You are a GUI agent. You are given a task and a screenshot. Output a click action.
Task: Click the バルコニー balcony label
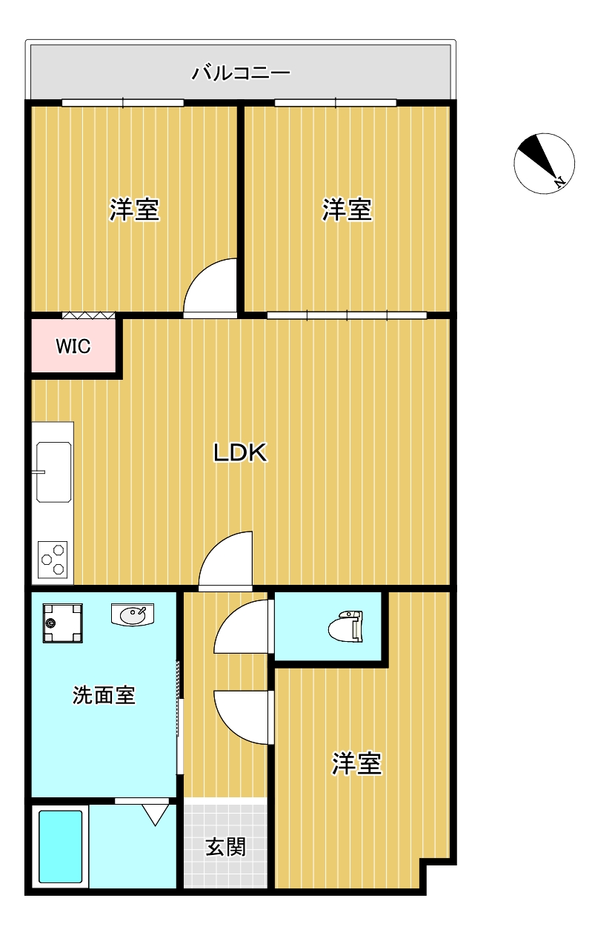pyautogui.click(x=241, y=73)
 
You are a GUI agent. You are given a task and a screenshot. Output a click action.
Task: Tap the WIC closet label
pyautogui.click(x=73, y=346)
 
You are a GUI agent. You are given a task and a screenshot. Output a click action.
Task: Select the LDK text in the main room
pyautogui.click(x=240, y=452)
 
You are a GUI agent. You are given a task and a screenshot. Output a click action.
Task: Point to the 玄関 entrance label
pyautogui.click(x=225, y=847)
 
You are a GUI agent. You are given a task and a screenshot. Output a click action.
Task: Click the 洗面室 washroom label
pyautogui.click(x=104, y=695)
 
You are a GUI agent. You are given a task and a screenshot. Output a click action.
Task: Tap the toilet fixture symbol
pyautogui.click(x=345, y=626)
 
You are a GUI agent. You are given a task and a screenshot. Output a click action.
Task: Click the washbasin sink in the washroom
pyautogui.click(x=133, y=614)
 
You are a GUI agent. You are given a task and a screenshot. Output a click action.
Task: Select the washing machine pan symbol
pyautogui.click(x=63, y=623)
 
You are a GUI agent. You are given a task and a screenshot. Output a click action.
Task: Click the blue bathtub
pyautogui.click(x=60, y=846)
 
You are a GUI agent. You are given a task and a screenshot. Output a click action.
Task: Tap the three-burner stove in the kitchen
pyautogui.click(x=53, y=560)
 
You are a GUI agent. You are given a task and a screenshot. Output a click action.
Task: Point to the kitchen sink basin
pyautogui.click(x=53, y=472)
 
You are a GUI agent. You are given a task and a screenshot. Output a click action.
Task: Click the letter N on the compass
pyautogui.click(x=559, y=181)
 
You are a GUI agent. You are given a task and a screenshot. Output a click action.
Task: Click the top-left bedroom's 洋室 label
pyautogui.click(x=135, y=210)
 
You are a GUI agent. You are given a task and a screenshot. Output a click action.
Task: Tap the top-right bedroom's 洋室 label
pyautogui.click(x=347, y=210)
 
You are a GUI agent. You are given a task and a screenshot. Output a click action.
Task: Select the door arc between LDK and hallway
pyautogui.click(x=215, y=547)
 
